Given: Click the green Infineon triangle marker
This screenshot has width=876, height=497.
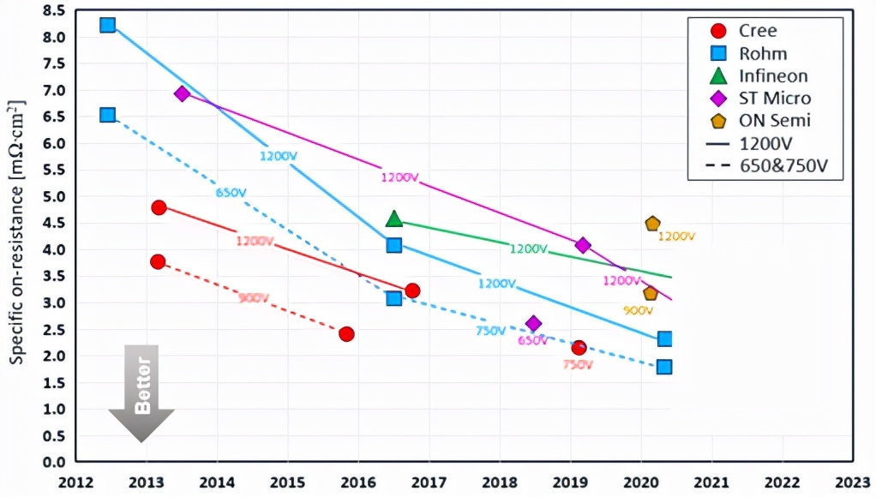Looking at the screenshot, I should (394, 219).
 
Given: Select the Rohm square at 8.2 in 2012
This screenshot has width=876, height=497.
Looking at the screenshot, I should (108, 25).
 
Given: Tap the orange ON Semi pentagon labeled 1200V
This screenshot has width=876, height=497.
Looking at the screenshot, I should (652, 224).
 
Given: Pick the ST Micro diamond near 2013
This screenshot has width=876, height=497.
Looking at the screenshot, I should (182, 93).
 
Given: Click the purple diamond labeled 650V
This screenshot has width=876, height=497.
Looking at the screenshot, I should (533, 324).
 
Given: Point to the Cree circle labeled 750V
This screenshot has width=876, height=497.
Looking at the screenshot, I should (579, 347).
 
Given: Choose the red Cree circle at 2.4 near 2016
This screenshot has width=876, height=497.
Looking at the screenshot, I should (346, 333).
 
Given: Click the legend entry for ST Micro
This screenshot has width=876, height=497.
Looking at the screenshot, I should (764, 99).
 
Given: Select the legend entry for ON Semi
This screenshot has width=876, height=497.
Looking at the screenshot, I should (764, 121).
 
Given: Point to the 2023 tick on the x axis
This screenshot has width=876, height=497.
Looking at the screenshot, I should (855, 482).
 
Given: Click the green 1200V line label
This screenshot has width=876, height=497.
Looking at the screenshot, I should (528, 248).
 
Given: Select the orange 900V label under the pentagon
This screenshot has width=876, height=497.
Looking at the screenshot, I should (638, 310).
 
